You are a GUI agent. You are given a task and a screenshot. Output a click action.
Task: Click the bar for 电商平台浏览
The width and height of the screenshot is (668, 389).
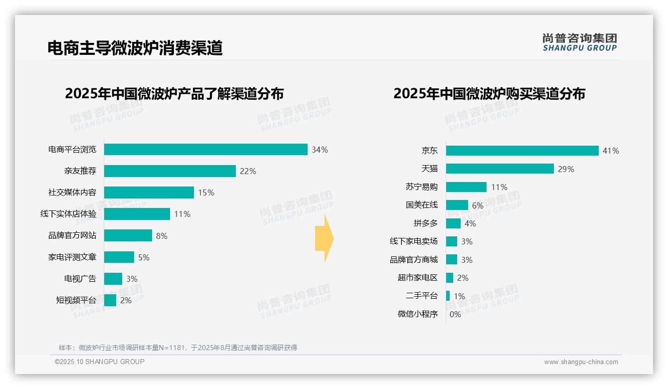click(x=205, y=150)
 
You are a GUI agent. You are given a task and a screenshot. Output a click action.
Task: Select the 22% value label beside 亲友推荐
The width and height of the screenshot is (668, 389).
click(x=248, y=171)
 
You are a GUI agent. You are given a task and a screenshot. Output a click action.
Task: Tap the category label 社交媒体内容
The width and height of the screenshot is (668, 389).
click(x=72, y=193)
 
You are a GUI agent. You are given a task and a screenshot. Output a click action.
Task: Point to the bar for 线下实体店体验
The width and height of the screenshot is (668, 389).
click(x=137, y=214)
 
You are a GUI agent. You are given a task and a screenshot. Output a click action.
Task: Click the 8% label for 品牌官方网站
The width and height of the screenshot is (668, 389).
click(x=162, y=236)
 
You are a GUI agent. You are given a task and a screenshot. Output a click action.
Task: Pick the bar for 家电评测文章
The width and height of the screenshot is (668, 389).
click(x=119, y=257)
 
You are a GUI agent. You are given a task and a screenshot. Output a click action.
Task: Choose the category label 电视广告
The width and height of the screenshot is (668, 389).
click(x=80, y=279)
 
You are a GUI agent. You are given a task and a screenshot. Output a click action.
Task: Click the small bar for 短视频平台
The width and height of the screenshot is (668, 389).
click(x=110, y=300)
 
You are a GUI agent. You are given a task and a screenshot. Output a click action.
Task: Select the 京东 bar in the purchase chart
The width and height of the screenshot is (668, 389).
click(x=522, y=151)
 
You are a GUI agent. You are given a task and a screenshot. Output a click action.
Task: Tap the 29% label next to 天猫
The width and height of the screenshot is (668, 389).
click(x=566, y=169)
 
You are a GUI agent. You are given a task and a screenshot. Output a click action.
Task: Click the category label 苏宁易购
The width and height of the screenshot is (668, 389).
click(x=421, y=187)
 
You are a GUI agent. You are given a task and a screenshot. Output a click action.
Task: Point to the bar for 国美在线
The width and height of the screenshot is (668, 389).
click(x=457, y=205)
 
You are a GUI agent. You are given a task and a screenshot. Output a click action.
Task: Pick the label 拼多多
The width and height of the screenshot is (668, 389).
click(x=425, y=223)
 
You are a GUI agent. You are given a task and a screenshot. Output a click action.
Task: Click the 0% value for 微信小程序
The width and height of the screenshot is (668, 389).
click(x=455, y=314)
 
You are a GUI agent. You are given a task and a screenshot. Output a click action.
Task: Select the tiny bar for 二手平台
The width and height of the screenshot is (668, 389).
click(x=448, y=296)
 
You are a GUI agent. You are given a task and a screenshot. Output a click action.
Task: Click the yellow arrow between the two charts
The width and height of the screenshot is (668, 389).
click(x=324, y=239)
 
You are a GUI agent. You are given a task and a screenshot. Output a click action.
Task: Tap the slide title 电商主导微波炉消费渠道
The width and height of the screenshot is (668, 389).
click(x=135, y=48)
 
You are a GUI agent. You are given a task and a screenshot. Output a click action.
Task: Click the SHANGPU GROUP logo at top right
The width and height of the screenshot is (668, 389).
click(x=579, y=42)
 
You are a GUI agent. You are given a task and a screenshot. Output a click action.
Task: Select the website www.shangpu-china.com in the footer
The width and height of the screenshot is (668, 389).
click(x=581, y=362)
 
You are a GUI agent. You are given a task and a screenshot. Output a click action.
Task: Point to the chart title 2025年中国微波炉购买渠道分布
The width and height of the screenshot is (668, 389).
click(x=489, y=94)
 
